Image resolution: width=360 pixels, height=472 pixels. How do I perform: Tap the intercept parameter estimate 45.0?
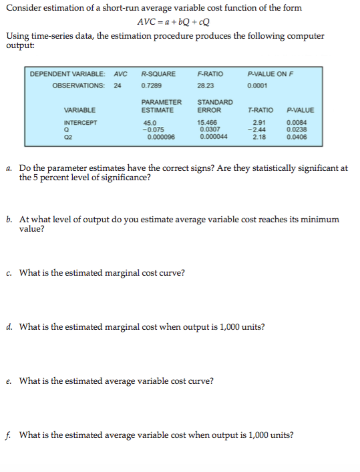[x=150, y=123]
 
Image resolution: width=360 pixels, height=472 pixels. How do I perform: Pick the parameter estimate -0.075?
[x=152, y=130]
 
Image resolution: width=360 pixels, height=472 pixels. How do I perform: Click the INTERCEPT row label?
[x=80, y=123]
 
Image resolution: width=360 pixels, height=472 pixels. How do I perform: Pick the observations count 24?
[x=118, y=85]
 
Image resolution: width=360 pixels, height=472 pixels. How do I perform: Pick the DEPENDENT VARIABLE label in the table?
[x=69, y=73]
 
